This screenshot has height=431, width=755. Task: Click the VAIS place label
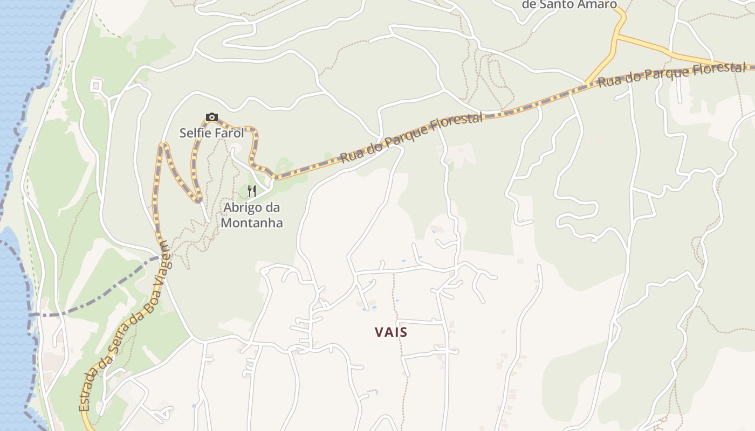[391, 332]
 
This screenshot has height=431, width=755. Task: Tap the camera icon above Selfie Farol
[211, 117]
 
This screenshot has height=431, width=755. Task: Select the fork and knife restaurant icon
[251, 191]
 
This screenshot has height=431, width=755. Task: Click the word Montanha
[252, 223]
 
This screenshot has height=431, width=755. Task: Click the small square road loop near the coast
[96, 85]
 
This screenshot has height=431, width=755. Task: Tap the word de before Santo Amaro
[530, 4]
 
